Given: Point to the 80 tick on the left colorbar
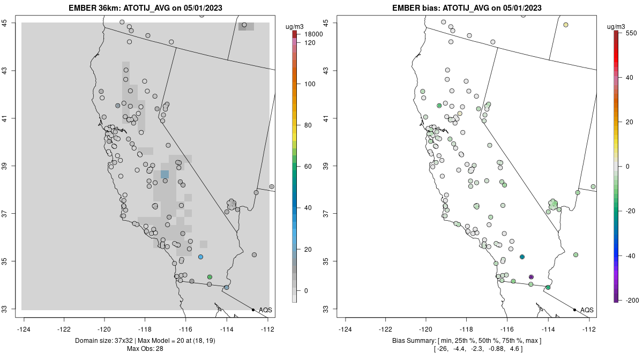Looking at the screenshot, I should click(x=309, y=125).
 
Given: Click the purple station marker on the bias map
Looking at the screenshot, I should click(x=531, y=277).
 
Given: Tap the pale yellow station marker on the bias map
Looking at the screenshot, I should click(x=565, y=25).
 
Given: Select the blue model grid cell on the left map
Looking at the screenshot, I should click(x=165, y=174).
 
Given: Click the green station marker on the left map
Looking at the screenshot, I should click(x=210, y=277).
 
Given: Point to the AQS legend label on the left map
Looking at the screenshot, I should click(x=265, y=310).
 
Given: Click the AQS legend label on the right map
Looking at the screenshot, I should click(x=587, y=310).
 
